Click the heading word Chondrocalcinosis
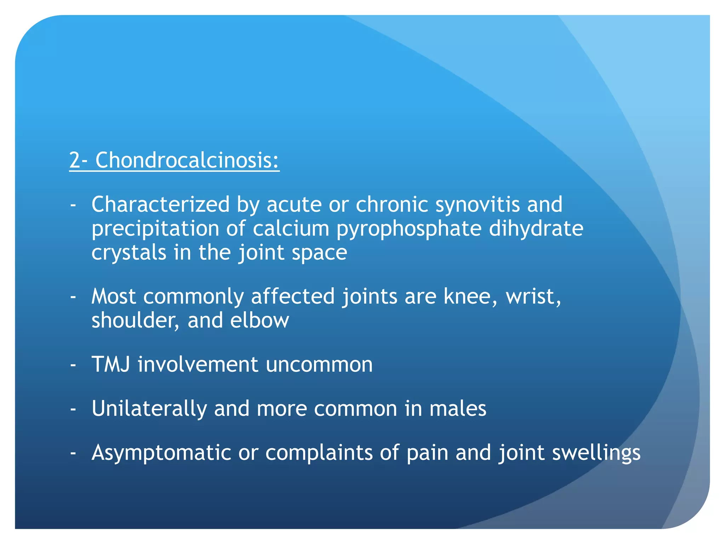[187, 160]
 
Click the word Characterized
[160, 205]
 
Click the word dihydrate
[536, 228]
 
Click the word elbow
[259, 321]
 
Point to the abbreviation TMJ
[111, 364]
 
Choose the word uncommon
[319, 364]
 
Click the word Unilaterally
[149, 409]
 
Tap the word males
[458, 409]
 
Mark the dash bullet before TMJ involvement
[73, 365]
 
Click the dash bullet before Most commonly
[73, 297]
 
